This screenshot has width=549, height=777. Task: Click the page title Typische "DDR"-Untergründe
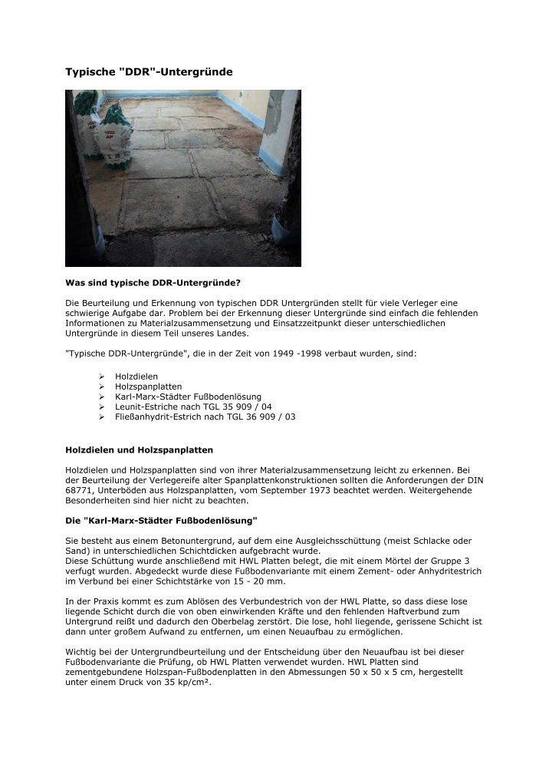(148, 71)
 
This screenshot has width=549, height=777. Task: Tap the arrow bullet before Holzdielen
(102, 377)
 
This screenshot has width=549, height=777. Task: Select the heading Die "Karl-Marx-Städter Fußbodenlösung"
(161, 519)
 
